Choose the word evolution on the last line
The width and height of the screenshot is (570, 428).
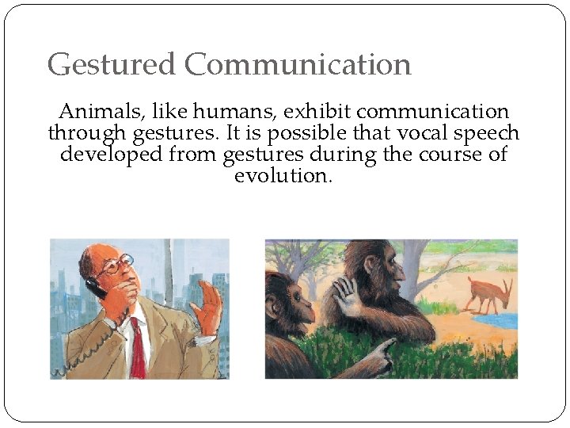[x=283, y=174]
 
